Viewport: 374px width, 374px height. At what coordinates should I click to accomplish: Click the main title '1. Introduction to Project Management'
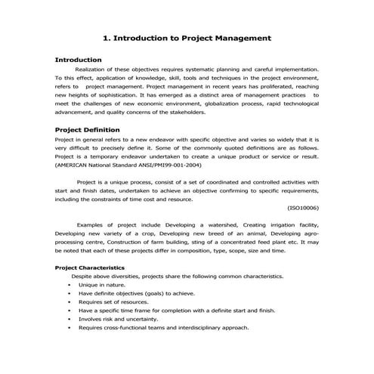tap(186, 36)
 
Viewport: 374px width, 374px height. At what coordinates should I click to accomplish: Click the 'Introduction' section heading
tap(79, 59)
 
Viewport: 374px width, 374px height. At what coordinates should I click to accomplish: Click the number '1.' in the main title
tap(105, 36)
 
